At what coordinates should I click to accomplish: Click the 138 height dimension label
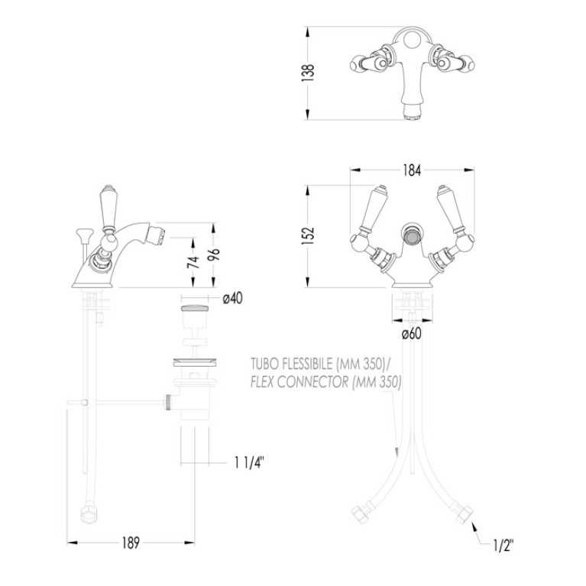(309, 73)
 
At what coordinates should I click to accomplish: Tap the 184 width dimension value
(412, 170)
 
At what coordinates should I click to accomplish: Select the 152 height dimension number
(308, 235)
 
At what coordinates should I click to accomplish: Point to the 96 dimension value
(214, 256)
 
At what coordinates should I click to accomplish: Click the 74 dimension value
(193, 262)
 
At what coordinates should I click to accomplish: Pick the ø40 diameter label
(232, 299)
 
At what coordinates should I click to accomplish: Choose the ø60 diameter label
(412, 334)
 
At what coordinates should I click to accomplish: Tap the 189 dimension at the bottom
(131, 542)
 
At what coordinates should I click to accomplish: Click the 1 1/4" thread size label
(250, 463)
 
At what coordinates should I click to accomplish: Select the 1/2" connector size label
(503, 546)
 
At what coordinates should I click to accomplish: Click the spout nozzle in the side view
(156, 235)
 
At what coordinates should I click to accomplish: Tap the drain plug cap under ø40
(195, 309)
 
